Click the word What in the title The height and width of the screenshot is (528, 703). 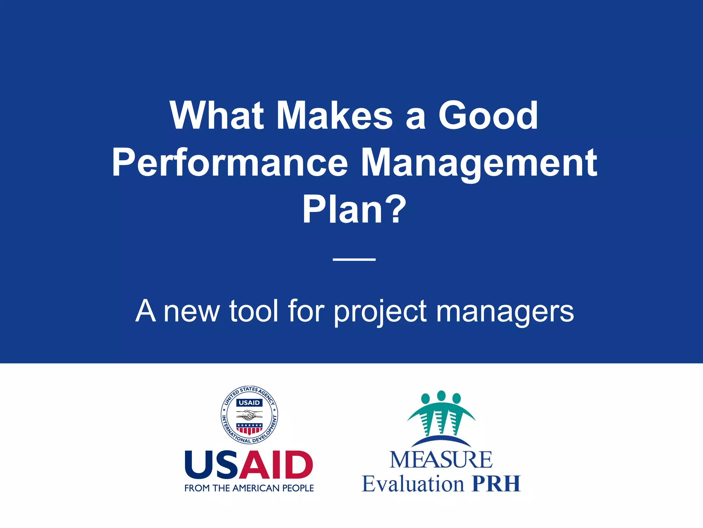217,116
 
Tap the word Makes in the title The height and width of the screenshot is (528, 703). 334,116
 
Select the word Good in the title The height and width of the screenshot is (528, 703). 488,116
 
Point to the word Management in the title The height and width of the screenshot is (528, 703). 479,163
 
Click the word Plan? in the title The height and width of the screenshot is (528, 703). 354,209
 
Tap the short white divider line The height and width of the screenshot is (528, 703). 354,260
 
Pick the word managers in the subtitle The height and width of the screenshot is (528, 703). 505,311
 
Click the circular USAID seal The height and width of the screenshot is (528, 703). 249,415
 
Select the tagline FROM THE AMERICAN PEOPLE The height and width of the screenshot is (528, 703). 249,488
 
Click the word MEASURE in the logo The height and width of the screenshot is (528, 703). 441,460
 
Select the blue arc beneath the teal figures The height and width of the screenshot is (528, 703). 441,440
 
